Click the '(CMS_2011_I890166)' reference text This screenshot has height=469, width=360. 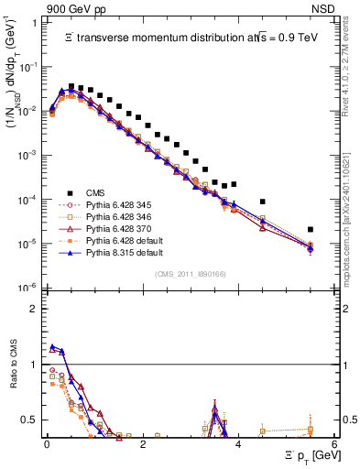[x=191, y=274]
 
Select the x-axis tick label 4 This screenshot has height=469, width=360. [x=238, y=444]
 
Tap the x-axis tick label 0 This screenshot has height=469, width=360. [x=47, y=444]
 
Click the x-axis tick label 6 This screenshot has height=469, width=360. [x=334, y=444]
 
